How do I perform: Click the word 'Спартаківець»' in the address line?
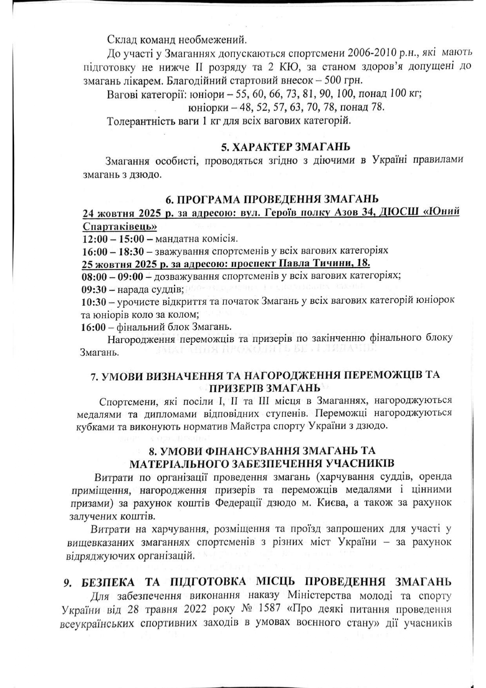click(120, 226)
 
